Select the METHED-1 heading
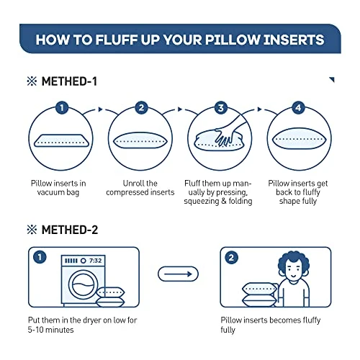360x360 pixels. tap(69, 81)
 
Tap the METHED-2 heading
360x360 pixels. tap(70, 230)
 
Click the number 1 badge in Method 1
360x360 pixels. tap(62, 107)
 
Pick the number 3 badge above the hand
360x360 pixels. tap(221, 108)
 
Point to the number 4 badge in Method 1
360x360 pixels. tap(298, 107)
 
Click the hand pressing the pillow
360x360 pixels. tap(229, 132)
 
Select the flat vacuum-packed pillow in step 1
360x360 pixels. tap(61, 140)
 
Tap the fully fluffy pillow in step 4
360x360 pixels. tap(300, 138)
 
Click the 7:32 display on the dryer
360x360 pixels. tap(95, 261)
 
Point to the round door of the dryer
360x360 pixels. tap(84, 284)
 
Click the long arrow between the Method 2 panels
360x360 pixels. tap(178, 274)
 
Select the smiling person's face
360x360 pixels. tap(293, 271)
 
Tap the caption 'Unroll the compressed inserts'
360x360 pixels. tap(140, 188)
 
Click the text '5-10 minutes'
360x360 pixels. tap(50, 330)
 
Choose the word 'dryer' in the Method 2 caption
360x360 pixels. tap(92, 320)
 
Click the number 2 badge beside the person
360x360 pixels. tap(231, 258)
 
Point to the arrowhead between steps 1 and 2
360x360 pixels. tap(100, 109)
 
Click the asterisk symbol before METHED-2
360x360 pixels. tap(32, 230)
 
